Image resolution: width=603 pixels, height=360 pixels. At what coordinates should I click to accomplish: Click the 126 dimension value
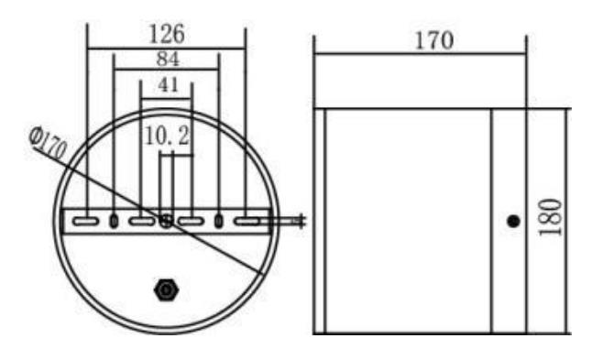[167, 34]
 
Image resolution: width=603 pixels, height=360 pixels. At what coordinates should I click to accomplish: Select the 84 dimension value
[168, 60]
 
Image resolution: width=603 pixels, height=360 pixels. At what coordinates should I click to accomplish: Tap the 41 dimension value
[169, 85]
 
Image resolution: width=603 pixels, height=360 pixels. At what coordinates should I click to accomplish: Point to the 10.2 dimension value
[168, 136]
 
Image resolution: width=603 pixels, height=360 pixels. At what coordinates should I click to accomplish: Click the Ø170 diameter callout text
[48, 143]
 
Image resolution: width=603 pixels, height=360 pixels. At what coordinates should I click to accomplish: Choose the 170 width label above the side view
[434, 40]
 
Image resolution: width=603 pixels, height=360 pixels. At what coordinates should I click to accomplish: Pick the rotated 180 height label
[550, 217]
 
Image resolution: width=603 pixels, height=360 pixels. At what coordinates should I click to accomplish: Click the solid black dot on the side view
[513, 222]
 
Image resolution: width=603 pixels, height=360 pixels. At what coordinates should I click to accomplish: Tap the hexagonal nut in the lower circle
[166, 289]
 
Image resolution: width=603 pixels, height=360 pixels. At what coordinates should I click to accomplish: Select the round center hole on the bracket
[166, 221]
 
